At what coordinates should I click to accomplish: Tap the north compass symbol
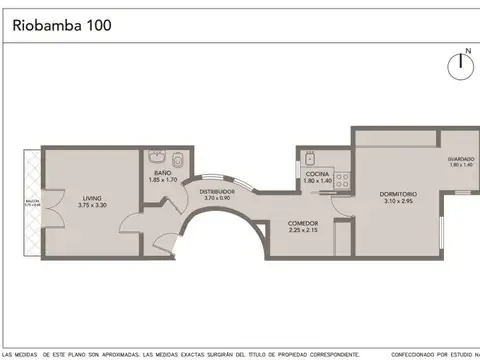point(461,64)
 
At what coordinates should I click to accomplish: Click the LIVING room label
point(91,198)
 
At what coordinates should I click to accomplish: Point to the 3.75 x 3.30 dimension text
point(91,205)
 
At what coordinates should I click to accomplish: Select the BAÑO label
point(162,173)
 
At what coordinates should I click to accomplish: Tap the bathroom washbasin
point(157,157)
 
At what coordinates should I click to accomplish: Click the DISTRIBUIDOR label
point(217,191)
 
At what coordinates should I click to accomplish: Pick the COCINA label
point(317,174)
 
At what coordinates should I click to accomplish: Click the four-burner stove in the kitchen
point(341,181)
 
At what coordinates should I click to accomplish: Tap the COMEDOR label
point(303,223)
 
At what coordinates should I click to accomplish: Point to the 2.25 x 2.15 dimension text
point(303,230)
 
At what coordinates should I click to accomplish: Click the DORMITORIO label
point(398,194)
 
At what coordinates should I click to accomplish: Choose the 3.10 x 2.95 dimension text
point(398,201)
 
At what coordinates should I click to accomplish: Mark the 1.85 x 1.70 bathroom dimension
point(162,180)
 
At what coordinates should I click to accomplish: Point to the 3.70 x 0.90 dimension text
point(217,198)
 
